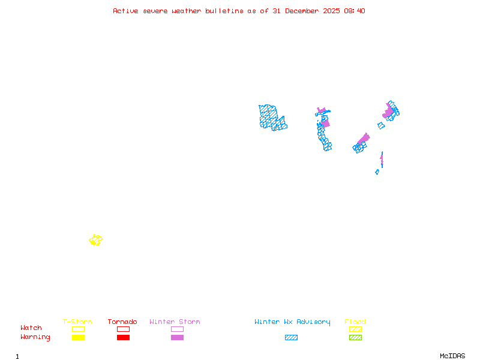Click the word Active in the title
click(127, 11)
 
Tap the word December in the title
click(305, 11)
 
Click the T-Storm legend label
click(77, 322)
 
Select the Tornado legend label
click(122, 322)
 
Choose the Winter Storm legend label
click(175, 322)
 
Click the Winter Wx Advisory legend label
click(292, 322)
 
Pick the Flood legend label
click(355, 322)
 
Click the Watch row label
click(31, 328)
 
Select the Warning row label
click(35, 337)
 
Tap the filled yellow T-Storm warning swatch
click(78, 338)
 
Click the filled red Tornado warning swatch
click(123, 338)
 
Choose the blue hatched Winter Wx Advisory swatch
click(291, 338)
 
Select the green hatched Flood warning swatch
click(355, 338)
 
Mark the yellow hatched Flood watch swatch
click(355, 329)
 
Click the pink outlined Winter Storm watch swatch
click(177, 329)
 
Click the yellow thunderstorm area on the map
click(95, 240)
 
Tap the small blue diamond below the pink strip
click(377, 172)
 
